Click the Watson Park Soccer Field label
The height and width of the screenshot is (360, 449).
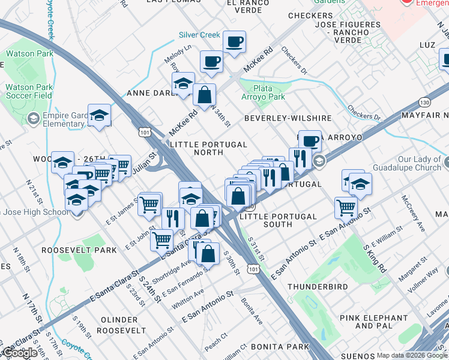click(x=29, y=91)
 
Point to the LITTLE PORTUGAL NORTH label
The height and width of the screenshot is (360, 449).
click(x=208, y=149)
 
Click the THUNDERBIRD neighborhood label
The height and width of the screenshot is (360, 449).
click(x=318, y=287)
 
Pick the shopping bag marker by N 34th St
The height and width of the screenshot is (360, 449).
click(x=204, y=94)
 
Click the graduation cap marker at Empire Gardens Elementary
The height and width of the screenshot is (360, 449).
click(x=100, y=115)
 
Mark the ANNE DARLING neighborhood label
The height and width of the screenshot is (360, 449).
click(x=150, y=94)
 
